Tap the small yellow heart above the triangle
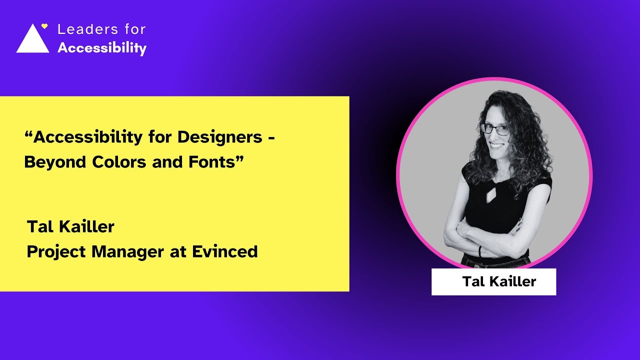tap(44, 26)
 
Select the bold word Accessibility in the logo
tap(102, 48)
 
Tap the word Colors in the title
tap(116, 162)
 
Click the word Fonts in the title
tap(212, 162)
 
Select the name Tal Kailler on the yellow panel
tap(70, 226)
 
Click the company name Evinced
tap(224, 252)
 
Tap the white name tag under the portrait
tap(493, 281)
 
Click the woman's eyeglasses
tap(494, 128)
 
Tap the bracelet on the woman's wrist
tap(479, 250)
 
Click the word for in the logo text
tap(135, 29)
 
